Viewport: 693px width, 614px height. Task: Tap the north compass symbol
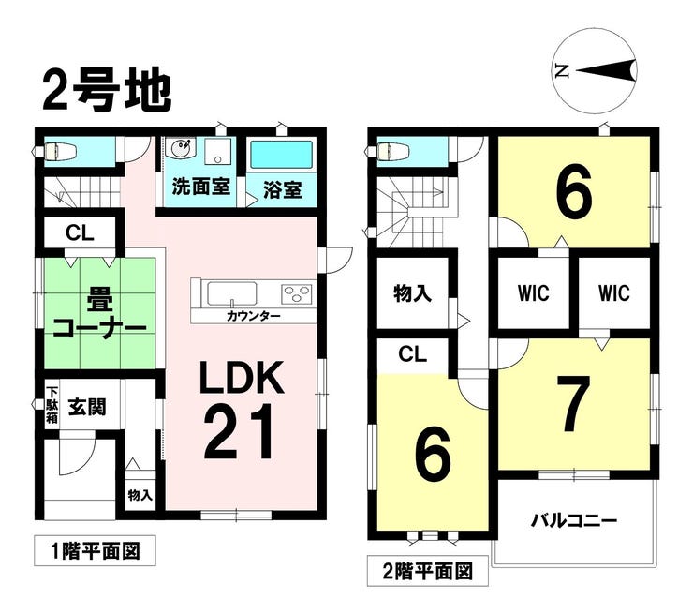click(595, 69)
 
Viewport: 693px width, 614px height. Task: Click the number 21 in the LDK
click(239, 431)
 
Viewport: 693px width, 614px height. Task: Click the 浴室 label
click(280, 187)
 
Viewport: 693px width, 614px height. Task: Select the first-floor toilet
click(61, 150)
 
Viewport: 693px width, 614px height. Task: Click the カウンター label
click(254, 317)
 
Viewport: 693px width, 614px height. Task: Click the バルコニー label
click(574, 519)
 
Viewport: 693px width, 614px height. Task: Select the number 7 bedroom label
click(572, 403)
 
